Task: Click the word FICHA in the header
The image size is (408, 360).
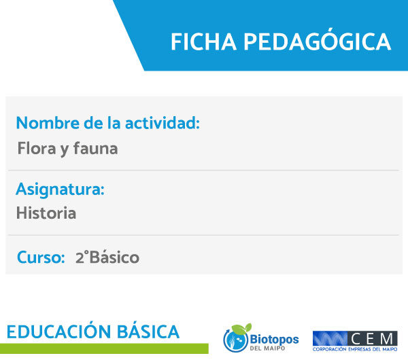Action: pyautogui.click(x=203, y=41)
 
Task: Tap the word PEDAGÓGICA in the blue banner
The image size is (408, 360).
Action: pyautogui.click(x=317, y=40)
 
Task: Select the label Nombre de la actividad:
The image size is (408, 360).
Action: pyautogui.click(x=108, y=123)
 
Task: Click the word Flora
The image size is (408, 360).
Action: pyautogui.click(x=37, y=149)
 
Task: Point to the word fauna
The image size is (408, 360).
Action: pyautogui.click(x=95, y=149)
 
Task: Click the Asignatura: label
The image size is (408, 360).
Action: pyautogui.click(x=60, y=190)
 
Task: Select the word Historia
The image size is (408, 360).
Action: pyautogui.click(x=46, y=213)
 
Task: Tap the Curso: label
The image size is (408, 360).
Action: pyautogui.click(x=41, y=257)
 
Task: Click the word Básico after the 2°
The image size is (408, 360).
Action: pyautogui.click(x=114, y=257)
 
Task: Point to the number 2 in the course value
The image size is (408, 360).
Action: pyautogui.click(x=80, y=258)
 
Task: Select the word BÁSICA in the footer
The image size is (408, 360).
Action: pyautogui.click(x=148, y=331)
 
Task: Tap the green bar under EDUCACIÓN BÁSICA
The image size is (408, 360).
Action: pyautogui.click(x=104, y=348)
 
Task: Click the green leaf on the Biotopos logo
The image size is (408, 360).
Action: pyautogui.click(x=241, y=329)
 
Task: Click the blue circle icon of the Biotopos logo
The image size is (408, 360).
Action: pyautogui.click(x=235, y=340)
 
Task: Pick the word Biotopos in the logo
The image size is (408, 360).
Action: pyautogui.click(x=274, y=340)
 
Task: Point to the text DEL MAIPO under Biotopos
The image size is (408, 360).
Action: pyautogui.click(x=267, y=348)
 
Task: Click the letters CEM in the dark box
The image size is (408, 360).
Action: pyautogui.click(x=372, y=339)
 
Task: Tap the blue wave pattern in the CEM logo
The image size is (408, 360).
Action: pyautogui.click(x=330, y=339)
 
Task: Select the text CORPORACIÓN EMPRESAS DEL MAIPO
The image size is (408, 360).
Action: pyautogui.click(x=355, y=349)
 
